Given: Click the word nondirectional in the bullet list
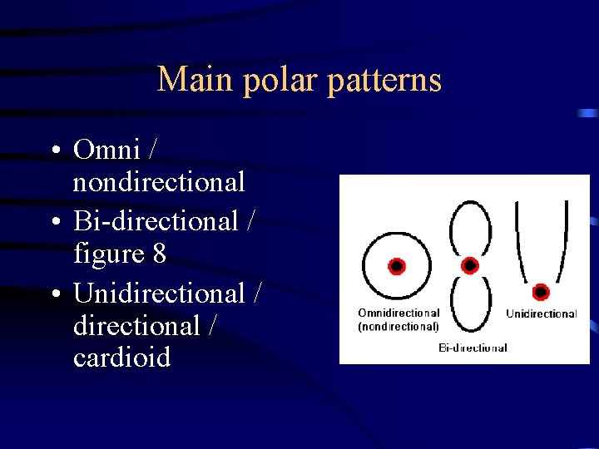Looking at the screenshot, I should coord(159,181).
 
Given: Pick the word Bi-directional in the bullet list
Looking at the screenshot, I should coord(156,221).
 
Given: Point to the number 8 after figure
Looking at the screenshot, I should coord(159,254).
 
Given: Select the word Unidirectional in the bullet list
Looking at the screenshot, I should coord(159,294).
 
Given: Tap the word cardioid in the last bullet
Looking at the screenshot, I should coord(121,358).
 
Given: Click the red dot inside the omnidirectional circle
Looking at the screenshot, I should coord(397,266).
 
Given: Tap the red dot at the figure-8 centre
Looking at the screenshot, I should coord(470,265).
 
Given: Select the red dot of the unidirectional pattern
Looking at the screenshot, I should coord(541,292).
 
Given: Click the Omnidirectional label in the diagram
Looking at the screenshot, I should coord(399,313).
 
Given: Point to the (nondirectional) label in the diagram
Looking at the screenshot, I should coord(399,327).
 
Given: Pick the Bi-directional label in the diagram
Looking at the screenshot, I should coord(473,348).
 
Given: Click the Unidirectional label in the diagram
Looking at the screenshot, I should coord(542,314).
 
